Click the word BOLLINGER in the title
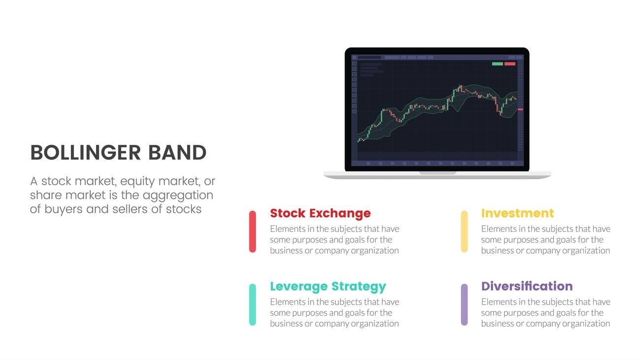(x=86, y=153)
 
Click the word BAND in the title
(x=177, y=153)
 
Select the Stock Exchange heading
(x=320, y=213)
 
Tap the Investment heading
(x=517, y=213)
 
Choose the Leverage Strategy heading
(x=328, y=287)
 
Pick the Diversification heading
(x=527, y=286)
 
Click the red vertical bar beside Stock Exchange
(x=253, y=231)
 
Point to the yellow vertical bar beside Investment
(x=464, y=231)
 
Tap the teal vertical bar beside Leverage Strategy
(x=253, y=304)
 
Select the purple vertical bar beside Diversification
(x=464, y=304)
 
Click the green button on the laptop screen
(x=497, y=64)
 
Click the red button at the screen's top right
(x=510, y=64)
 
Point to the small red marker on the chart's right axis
(x=520, y=109)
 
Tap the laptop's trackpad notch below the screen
(x=438, y=173)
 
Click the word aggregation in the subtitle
(x=178, y=196)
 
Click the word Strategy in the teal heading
(x=359, y=287)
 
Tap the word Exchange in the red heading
(x=340, y=213)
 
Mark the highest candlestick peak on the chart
(x=460, y=85)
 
